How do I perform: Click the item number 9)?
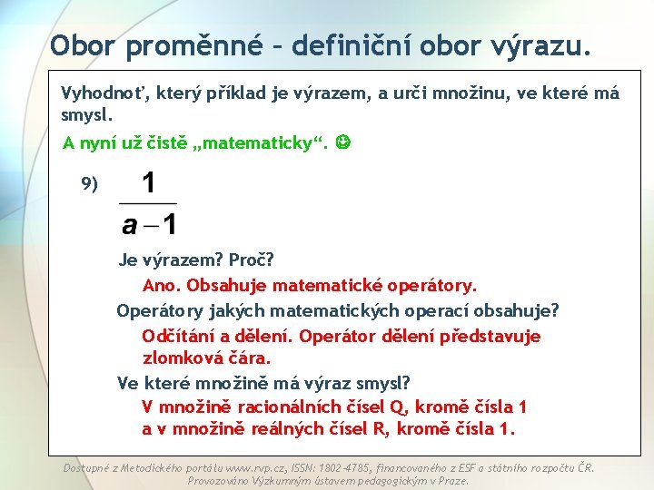click(x=89, y=184)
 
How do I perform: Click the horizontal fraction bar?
click(x=148, y=202)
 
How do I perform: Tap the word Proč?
click(x=249, y=260)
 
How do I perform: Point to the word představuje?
click(x=490, y=337)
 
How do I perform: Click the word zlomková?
click(x=182, y=358)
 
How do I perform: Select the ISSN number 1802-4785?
click(x=347, y=468)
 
